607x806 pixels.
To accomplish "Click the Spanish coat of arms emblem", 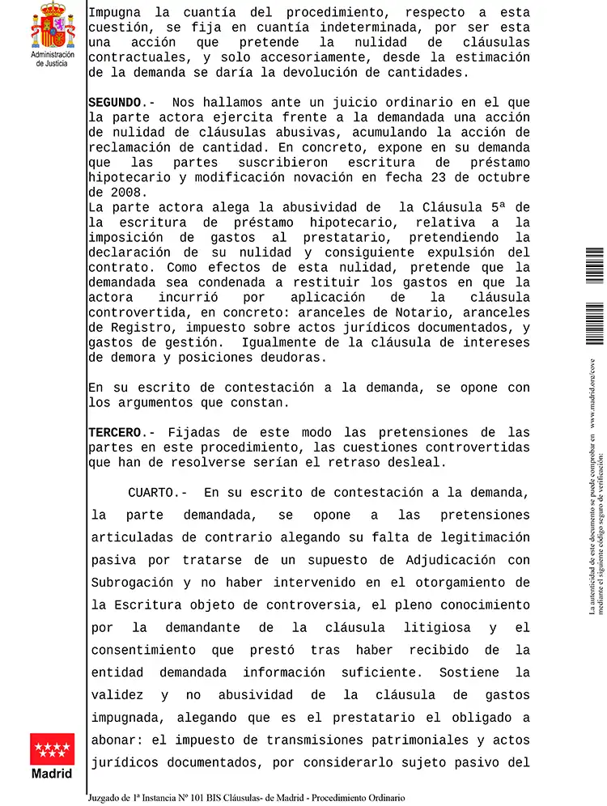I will point(53,26).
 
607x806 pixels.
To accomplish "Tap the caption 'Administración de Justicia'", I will point(53,59).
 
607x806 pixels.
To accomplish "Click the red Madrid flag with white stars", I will point(53,749).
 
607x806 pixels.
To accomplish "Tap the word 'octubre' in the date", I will point(503,177).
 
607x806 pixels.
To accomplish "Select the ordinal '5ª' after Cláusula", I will point(499,207).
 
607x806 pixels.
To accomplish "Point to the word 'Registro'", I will point(148,327).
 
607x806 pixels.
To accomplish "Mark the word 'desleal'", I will point(418,462).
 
